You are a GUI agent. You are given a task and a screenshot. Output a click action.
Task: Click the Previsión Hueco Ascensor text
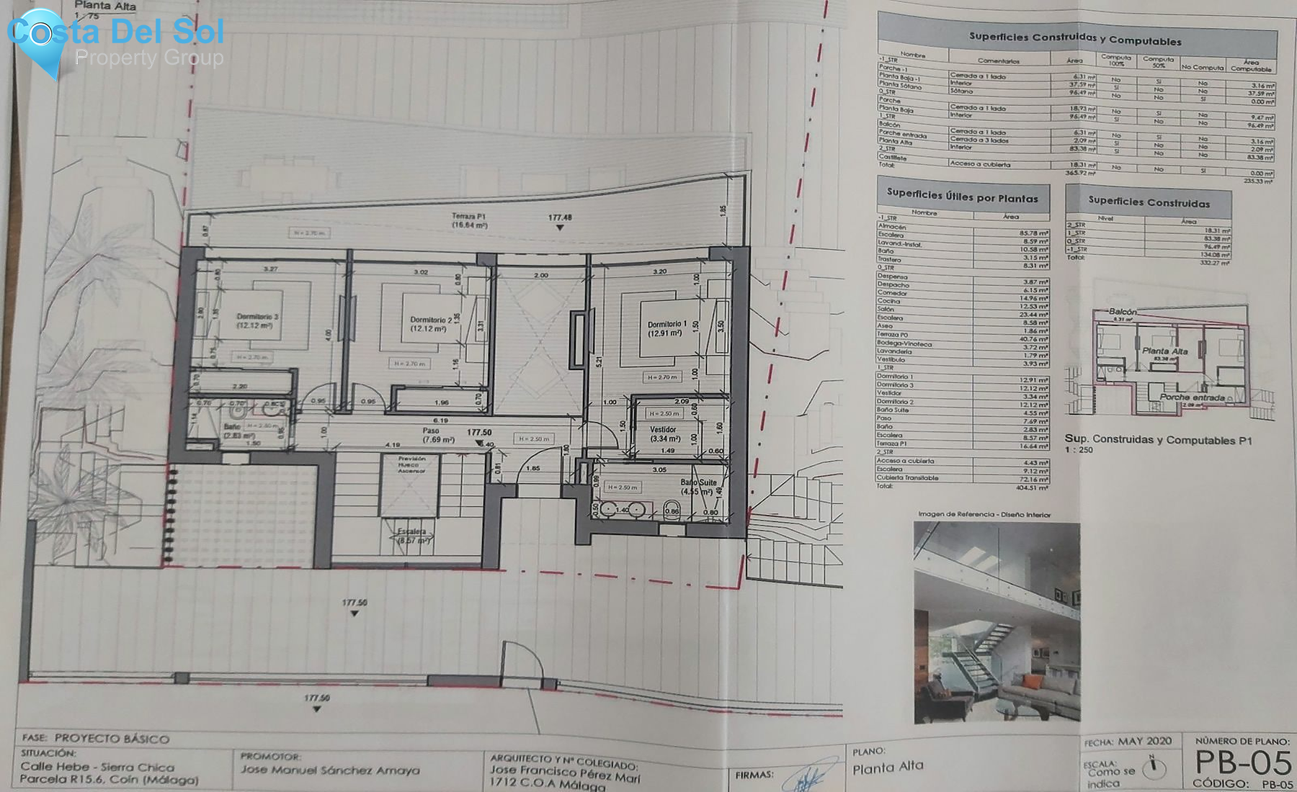click(412, 464)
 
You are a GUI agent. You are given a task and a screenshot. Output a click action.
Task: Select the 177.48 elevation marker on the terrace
click(560, 218)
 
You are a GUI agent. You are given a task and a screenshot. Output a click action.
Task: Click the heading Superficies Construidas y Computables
click(1074, 38)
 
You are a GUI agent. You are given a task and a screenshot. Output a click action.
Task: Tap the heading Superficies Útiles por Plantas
click(962, 195)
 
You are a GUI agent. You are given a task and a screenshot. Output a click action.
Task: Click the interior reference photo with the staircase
click(997, 622)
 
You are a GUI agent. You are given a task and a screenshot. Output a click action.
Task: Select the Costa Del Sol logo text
click(115, 32)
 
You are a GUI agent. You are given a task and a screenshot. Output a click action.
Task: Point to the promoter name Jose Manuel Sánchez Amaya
click(330, 770)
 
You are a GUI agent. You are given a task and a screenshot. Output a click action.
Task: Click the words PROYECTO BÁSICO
click(112, 739)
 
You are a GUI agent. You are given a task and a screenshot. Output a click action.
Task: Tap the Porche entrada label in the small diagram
click(1192, 397)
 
